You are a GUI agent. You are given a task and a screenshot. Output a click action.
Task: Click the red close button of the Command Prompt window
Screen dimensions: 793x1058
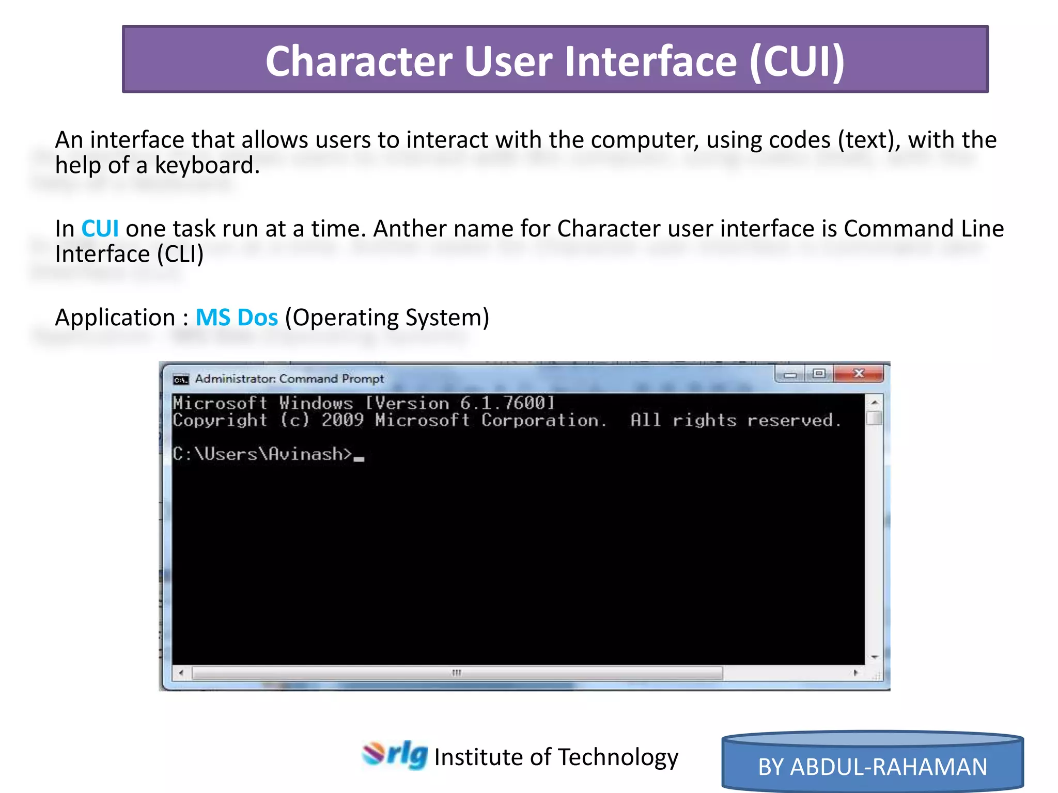click(x=858, y=373)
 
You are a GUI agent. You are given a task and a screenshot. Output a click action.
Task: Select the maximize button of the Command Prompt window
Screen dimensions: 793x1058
click(x=819, y=373)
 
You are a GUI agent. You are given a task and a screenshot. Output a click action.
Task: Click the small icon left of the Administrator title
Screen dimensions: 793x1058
click(x=181, y=379)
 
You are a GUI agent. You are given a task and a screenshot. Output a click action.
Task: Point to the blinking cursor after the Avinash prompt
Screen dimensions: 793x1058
click(x=359, y=458)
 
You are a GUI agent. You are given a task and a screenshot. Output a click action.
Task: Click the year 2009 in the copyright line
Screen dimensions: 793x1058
click(x=343, y=420)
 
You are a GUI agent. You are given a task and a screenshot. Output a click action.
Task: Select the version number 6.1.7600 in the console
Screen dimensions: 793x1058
click(x=504, y=403)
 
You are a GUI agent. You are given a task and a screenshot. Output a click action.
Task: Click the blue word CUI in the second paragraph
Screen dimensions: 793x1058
click(x=100, y=229)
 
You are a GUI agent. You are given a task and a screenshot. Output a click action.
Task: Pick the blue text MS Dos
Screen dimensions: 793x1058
click(x=237, y=318)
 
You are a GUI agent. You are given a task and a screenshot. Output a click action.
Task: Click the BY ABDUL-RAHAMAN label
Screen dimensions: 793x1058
click(x=873, y=767)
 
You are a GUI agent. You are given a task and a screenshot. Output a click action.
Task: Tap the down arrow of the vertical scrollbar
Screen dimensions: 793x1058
click(x=874, y=657)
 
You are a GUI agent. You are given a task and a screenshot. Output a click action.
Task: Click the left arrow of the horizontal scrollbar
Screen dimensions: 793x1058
click(x=181, y=673)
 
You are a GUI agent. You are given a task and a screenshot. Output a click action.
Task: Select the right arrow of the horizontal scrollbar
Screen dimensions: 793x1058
click(x=856, y=673)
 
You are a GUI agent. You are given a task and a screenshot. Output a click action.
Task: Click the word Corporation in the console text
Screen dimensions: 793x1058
click(x=543, y=420)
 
